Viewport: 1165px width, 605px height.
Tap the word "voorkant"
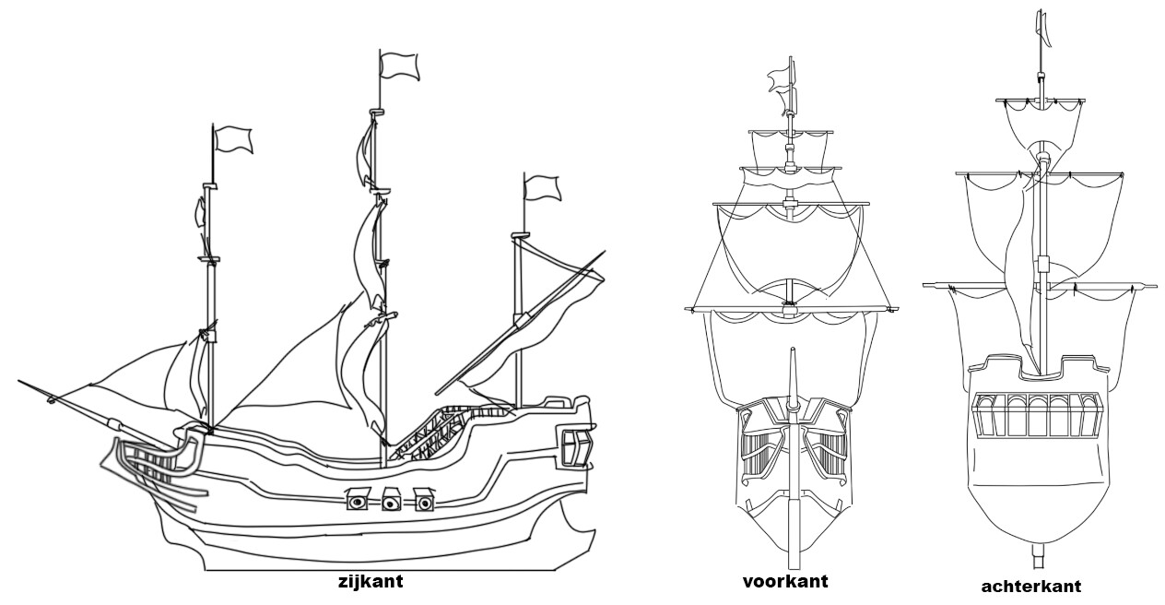[x=785, y=581]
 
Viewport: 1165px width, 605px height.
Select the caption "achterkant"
[x=1031, y=586]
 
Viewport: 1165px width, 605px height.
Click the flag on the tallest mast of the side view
[x=399, y=66]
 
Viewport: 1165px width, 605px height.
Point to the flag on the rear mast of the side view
[x=542, y=187]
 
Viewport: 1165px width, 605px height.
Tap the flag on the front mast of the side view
[x=233, y=138]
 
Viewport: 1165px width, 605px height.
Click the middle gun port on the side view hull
[x=391, y=501]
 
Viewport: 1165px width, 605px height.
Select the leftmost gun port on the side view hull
[x=358, y=501]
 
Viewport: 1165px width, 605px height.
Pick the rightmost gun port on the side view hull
[x=424, y=501]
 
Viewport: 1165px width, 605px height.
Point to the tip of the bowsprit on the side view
[x=20, y=382]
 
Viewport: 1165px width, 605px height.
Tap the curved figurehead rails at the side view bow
[x=147, y=466]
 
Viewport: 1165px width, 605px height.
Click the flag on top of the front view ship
[x=782, y=79]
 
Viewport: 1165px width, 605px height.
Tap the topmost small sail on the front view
[x=790, y=148]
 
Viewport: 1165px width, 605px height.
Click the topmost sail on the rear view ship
[x=1041, y=120]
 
